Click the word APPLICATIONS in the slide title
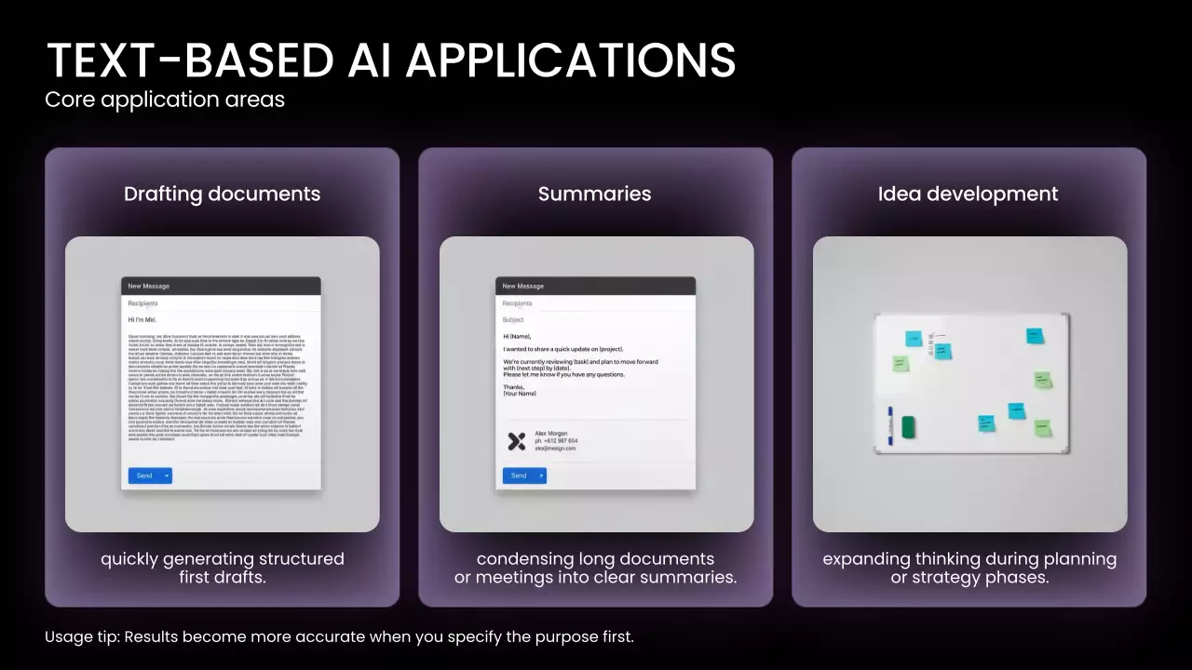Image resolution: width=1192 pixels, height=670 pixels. point(570,60)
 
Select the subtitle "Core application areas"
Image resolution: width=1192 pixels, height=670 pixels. point(165,99)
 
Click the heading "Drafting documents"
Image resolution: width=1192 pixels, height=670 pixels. point(222,194)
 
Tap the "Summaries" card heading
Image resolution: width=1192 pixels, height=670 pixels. point(594,194)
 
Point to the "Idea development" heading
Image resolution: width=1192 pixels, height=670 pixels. point(968,194)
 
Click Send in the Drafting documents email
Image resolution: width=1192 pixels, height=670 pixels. point(144,476)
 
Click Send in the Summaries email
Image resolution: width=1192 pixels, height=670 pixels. point(519,476)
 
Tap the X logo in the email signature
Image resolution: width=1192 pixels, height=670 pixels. point(517,441)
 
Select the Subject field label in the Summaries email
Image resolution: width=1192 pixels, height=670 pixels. point(513,319)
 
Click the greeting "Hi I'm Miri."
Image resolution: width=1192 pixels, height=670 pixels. point(142,319)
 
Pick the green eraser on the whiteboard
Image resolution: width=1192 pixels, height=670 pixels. point(908,427)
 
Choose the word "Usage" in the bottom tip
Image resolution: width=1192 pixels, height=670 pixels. point(69,637)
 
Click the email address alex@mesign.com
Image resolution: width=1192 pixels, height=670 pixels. point(555,449)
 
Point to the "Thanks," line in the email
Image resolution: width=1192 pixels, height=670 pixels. point(513,386)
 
